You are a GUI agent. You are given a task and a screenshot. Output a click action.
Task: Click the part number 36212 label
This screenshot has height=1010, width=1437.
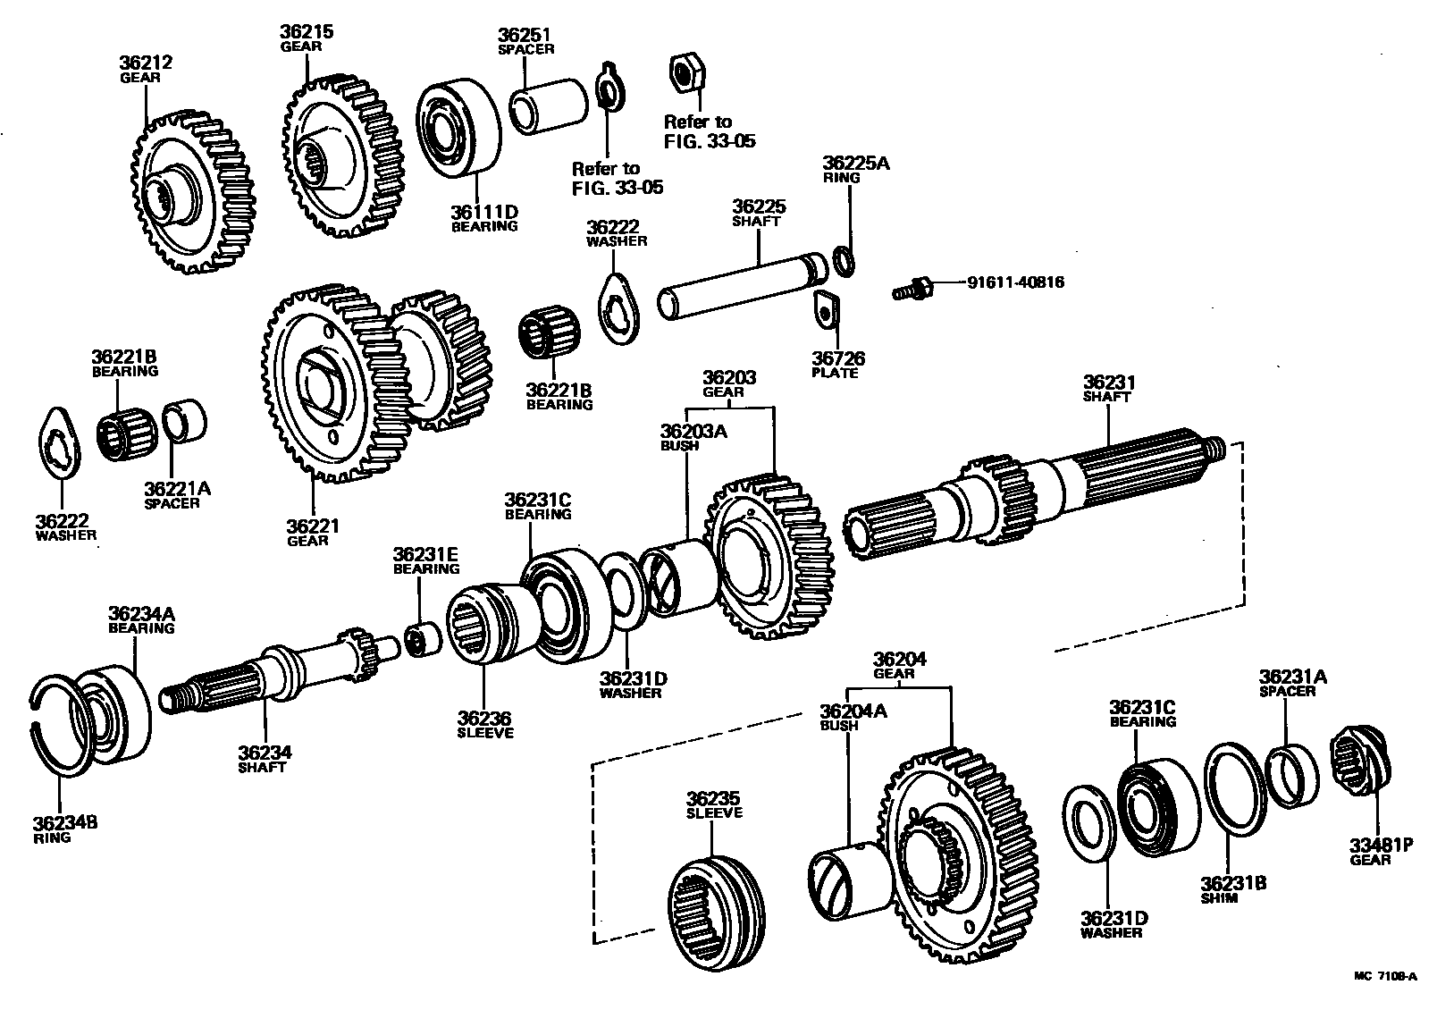(145, 63)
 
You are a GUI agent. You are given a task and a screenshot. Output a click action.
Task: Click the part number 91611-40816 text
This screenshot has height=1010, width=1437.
(1015, 283)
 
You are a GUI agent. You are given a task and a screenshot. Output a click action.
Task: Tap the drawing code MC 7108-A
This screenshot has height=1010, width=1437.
(1384, 976)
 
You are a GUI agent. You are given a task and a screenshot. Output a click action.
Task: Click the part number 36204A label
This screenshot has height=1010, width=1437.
(853, 711)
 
